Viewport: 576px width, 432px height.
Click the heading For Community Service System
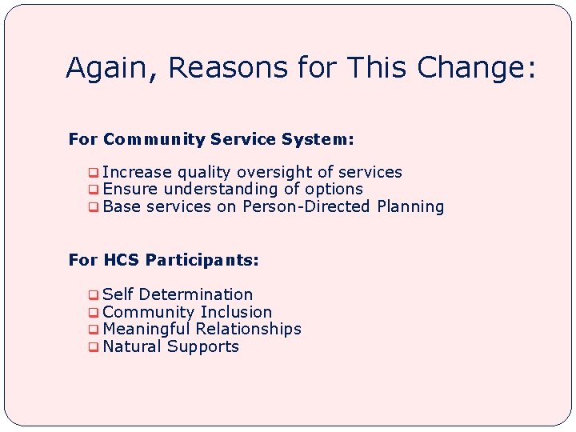click(211, 139)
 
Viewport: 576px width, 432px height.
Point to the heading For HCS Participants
click(164, 260)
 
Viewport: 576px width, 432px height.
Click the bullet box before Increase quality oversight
click(94, 173)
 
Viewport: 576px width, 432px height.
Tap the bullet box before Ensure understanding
click(94, 190)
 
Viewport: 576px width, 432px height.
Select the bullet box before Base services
click(94, 207)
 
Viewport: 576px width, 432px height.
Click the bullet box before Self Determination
click(94, 295)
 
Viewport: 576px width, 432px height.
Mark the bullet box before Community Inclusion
click(94, 313)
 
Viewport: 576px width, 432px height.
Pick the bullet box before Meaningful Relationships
click(94, 330)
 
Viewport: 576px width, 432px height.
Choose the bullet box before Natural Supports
click(94, 347)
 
